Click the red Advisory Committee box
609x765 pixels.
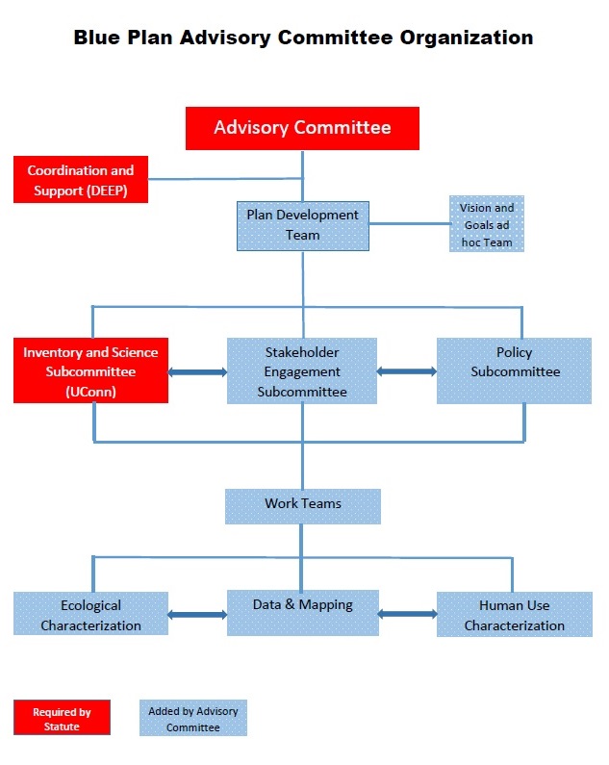[302, 128]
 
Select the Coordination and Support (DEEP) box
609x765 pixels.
[81, 180]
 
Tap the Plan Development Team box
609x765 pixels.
[302, 225]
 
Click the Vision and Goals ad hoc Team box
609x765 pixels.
[486, 224]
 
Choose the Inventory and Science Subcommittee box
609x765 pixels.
[90, 370]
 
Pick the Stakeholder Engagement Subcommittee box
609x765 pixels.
[302, 370]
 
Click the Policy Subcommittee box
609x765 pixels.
[514, 370]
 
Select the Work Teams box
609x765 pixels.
[302, 505]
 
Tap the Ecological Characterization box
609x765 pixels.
[90, 614]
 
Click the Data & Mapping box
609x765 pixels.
[302, 613]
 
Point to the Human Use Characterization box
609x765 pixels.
[514, 614]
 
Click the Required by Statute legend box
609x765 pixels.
[62, 718]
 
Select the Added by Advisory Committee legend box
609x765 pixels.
[192, 718]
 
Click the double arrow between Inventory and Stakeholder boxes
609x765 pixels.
[197, 371]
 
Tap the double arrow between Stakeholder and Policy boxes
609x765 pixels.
[407, 370]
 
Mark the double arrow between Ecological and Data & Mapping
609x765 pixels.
[197, 614]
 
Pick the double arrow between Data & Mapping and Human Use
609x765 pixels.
[407, 613]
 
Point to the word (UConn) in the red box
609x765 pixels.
[90, 392]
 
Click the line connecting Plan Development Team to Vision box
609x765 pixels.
[409, 224]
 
